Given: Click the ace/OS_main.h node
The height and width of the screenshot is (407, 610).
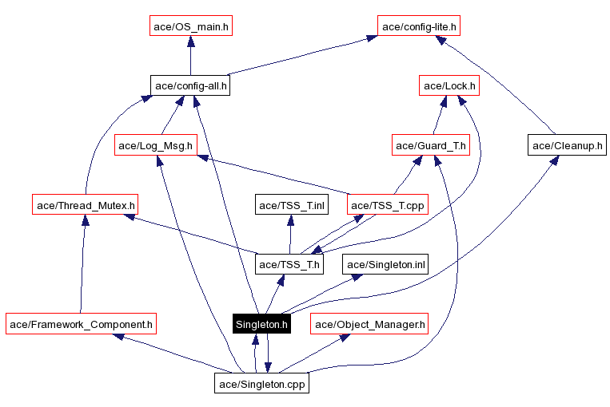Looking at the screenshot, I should (190, 26).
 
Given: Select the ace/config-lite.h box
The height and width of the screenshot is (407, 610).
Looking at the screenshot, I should (420, 26).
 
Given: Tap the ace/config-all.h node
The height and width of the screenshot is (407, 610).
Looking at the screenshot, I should (190, 85).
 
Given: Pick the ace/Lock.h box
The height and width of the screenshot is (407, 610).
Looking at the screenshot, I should (449, 85).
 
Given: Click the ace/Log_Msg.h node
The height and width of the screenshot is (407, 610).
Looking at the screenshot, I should (156, 145).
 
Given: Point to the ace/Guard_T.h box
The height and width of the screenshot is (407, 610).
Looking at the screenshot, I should (430, 145).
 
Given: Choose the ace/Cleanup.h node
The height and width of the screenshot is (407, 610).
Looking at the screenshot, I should (567, 145).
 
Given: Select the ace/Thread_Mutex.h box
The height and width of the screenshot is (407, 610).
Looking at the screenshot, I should (85, 205).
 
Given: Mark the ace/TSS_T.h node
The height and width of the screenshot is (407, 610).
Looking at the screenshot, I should (289, 264).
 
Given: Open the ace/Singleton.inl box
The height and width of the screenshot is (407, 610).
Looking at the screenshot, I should (385, 264).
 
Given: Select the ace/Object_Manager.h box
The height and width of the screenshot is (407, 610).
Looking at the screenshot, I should (369, 324).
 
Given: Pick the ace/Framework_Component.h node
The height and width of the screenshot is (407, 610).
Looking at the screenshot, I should (81, 324).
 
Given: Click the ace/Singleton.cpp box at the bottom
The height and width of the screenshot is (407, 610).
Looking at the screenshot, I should (261, 384).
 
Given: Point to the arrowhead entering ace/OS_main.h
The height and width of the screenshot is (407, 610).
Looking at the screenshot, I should (190, 41).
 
